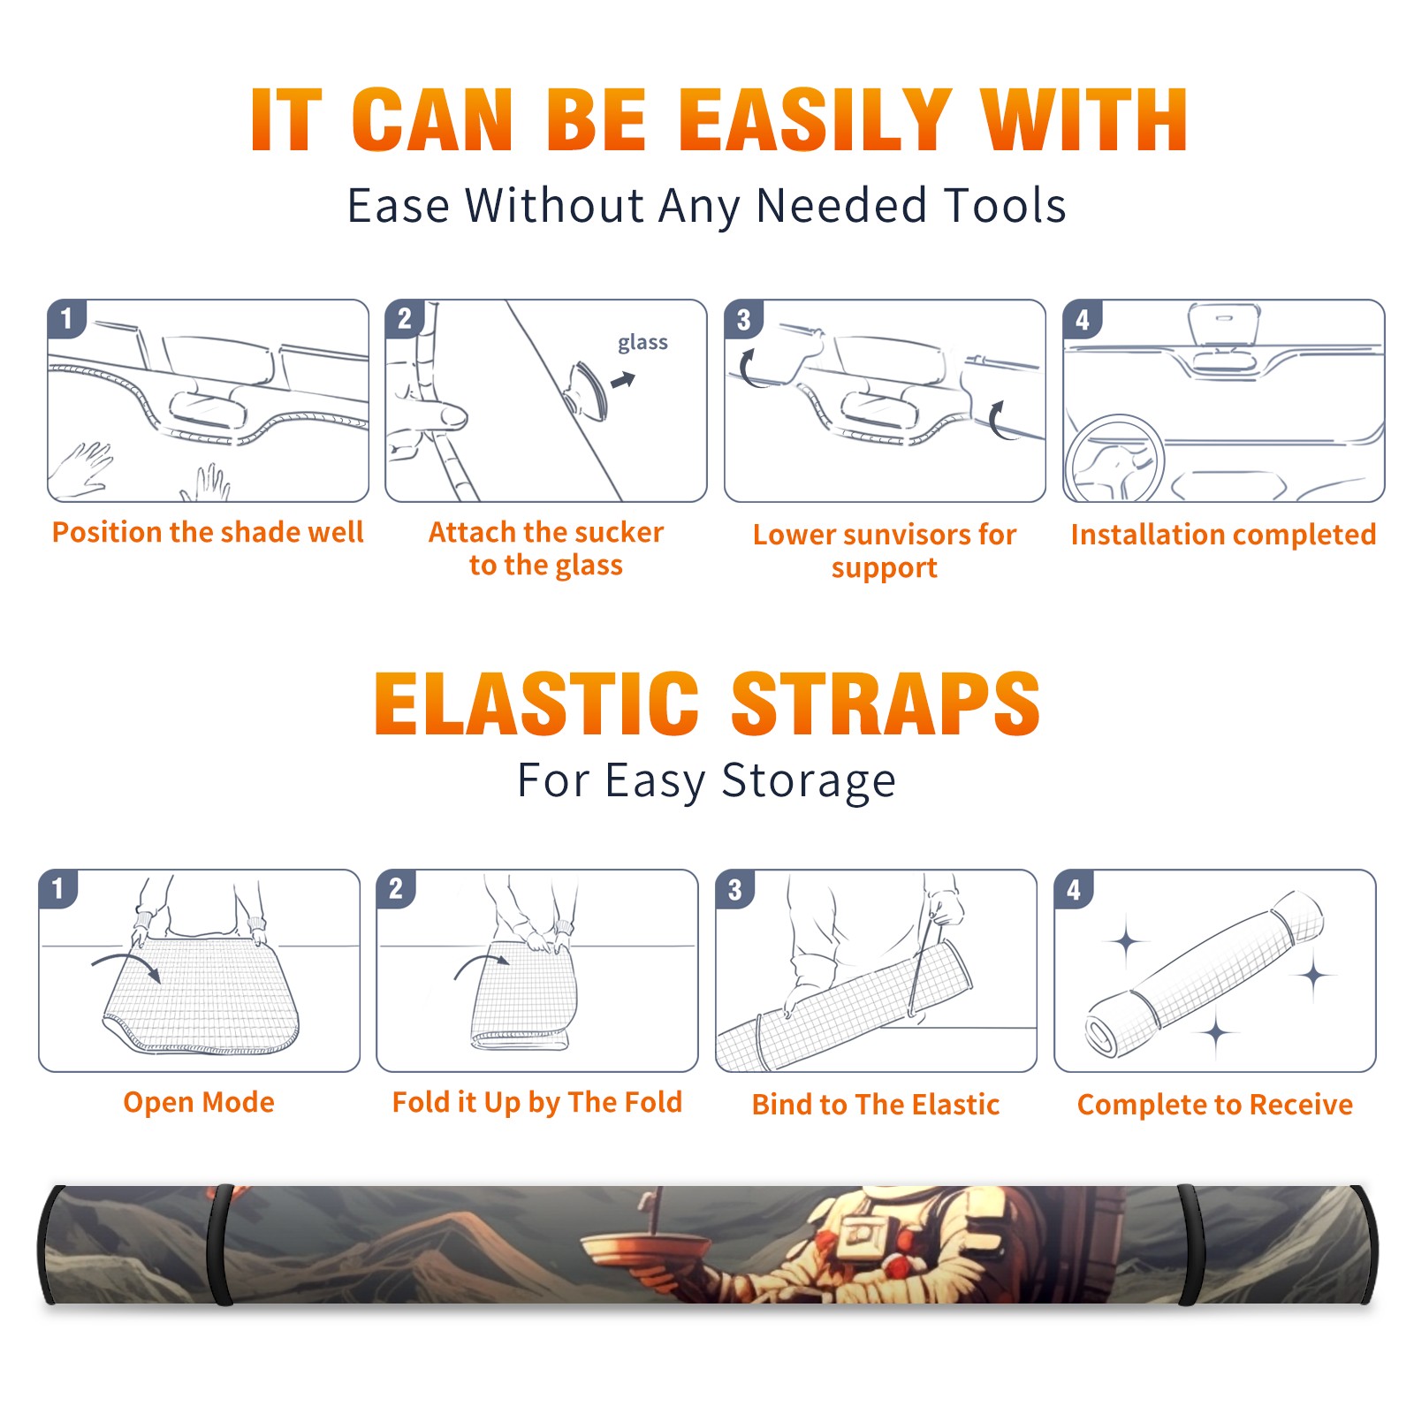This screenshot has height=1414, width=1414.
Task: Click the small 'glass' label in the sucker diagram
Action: coord(642,343)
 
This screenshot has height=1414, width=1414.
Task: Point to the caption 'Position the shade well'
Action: coord(208,532)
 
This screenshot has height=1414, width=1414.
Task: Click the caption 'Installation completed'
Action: coord(1223,534)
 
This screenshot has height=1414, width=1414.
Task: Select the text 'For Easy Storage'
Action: coord(706,781)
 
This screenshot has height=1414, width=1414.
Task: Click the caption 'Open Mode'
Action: coord(199,1102)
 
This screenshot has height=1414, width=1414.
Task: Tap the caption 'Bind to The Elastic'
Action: coord(876,1105)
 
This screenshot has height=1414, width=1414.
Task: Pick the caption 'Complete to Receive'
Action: coord(1215,1105)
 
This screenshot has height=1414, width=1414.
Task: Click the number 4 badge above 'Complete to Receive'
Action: coord(1074,889)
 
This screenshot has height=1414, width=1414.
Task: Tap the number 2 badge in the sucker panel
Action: coord(405,319)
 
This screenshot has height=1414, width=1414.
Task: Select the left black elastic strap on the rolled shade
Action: coord(220,1244)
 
